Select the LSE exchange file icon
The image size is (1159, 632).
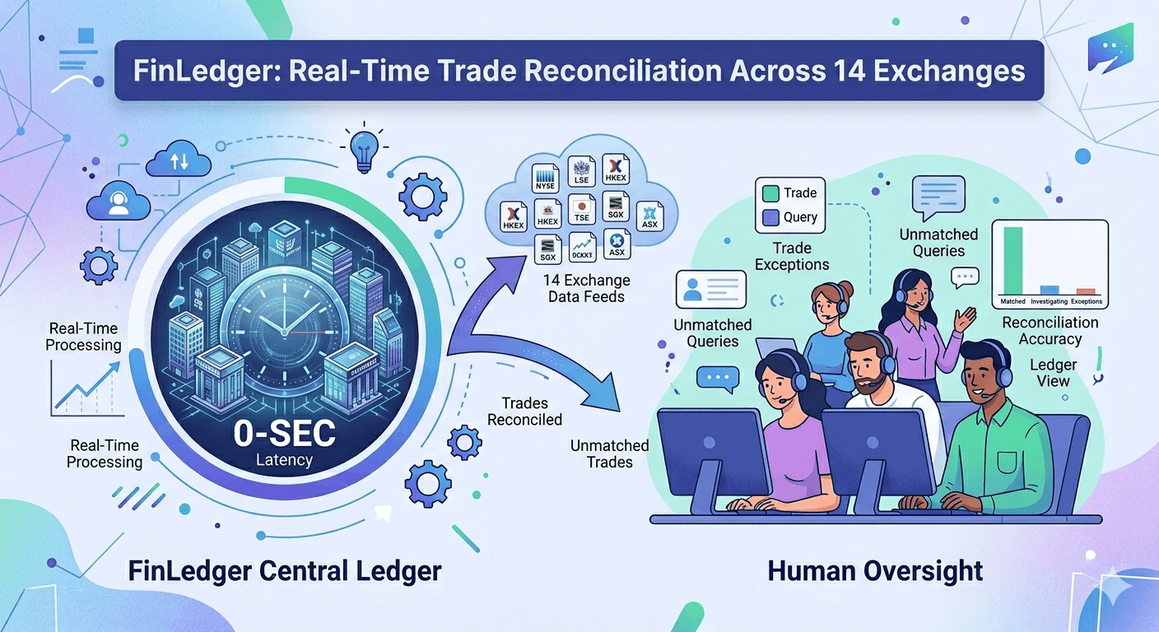tap(582, 173)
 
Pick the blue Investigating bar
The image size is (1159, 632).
tap(1049, 290)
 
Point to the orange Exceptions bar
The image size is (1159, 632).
tap(1086, 291)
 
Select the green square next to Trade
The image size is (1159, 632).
tap(770, 193)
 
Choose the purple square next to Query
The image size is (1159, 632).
tap(770, 217)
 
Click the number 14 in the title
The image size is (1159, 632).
tap(841, 70)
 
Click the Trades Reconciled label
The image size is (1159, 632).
tap(524, 411)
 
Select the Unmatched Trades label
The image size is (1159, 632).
tap(610, 453)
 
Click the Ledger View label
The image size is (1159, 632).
tap(1053, 373)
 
